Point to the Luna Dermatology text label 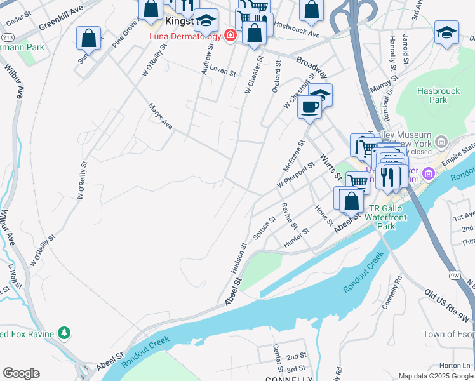(185, 36)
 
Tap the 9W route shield (454, 275)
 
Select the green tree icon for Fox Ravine (64, 333)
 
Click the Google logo (21, 373)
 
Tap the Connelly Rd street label (392, 292)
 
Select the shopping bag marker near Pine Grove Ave (88, 38)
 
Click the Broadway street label (312, 67)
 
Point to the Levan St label (222, 69)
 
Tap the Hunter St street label (296, 236)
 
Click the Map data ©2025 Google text (436, 376)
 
